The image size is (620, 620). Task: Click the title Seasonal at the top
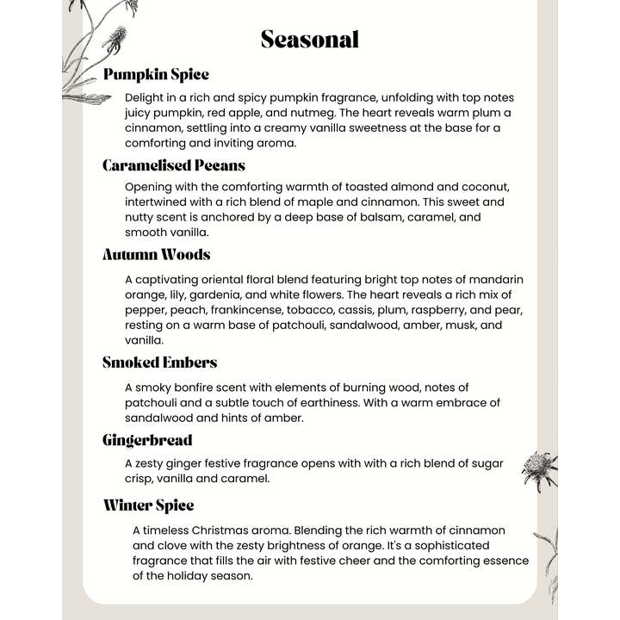pyautogui.click(x=309, y=40)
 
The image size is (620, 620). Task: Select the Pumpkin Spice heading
pyautogui.click(x=156, y=75)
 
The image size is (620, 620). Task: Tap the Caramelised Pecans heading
pyautogui.click(x=174, y=165)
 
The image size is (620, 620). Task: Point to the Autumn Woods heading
pyautogui.click(x=157, y=255)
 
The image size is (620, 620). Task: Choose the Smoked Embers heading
pyautogui.click(x=159, y=363)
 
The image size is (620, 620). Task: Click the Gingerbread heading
pyautogui.click(x=147, y=441)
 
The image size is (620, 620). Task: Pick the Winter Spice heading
pyautogui.click(x=149, y=505)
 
